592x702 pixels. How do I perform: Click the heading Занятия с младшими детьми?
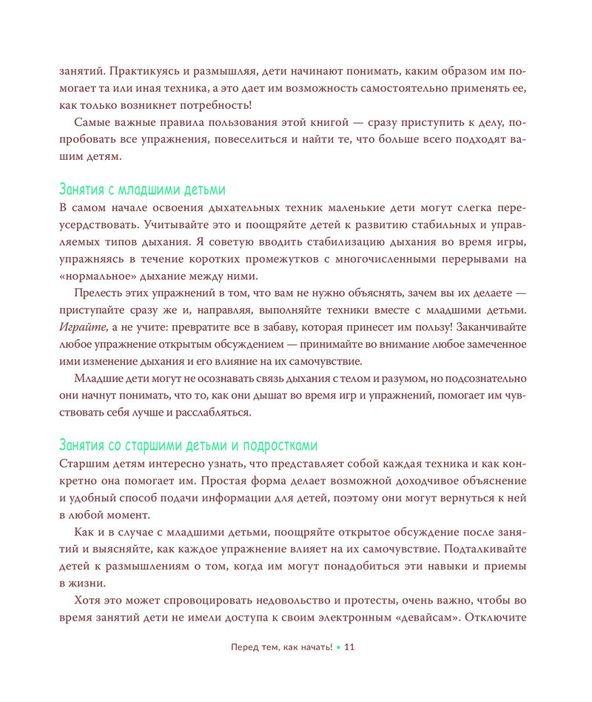click(142, 189)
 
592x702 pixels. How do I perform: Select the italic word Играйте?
click(78, 327)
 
